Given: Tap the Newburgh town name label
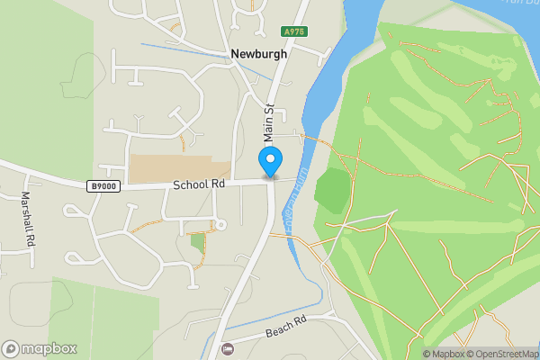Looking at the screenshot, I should click(258, 54).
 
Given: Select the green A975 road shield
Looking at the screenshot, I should click(292, 31).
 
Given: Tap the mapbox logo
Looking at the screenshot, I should click(40, 348).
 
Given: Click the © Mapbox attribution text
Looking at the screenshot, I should click(440, 354).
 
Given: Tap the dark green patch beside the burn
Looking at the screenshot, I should click(333, 191).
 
